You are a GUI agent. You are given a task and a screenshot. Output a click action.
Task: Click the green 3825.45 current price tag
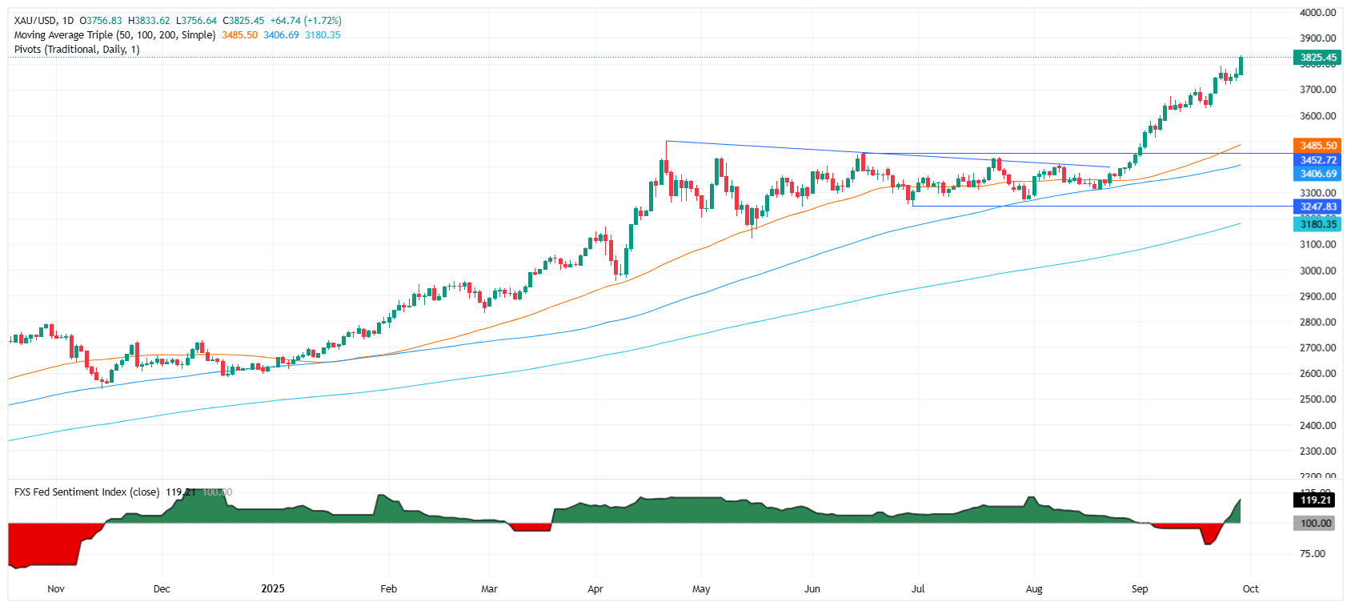(1317, 58)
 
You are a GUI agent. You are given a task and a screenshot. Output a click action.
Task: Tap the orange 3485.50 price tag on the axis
(1317, 146)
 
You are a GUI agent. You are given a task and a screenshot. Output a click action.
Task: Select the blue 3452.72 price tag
(1317, 160)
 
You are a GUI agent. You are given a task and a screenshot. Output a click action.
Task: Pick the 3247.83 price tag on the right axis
(1317, 207)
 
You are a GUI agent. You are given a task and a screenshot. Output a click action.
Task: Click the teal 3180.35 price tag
(1317, 224)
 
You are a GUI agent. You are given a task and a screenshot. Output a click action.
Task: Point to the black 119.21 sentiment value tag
(1315, 500)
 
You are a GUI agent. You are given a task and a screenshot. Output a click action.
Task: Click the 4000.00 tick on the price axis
(1317, 13)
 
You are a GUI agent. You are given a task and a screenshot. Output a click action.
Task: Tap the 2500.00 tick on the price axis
(1317, 399)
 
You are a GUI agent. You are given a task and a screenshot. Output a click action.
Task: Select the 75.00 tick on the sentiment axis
(1313, 554)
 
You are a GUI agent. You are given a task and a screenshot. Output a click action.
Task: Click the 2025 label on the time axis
(273, 589)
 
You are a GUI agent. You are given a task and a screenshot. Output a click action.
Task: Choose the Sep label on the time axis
(1140, 589)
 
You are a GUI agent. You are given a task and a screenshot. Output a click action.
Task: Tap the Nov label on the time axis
(56, 589)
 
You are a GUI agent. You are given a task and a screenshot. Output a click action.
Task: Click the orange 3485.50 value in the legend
(239, 35)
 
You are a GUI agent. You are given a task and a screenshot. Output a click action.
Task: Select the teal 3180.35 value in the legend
(323, 35)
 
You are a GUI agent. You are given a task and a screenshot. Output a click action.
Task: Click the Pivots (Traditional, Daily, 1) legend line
(77, 50)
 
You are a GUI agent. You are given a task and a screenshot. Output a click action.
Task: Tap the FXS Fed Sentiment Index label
(87, 492)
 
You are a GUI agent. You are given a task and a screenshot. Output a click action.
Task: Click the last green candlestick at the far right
(1241, 66)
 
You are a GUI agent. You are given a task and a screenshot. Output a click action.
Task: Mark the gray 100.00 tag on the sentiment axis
(1315, 524)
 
